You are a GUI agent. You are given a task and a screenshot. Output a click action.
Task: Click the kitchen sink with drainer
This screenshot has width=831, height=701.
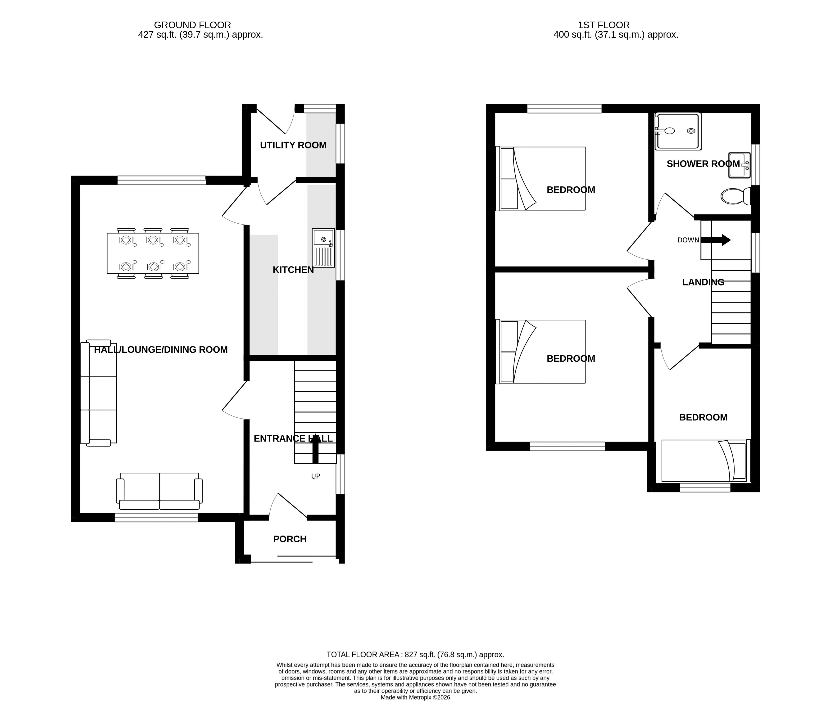coord(323,248)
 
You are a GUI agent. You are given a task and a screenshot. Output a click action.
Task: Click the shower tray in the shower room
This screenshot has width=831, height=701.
coord(678,131)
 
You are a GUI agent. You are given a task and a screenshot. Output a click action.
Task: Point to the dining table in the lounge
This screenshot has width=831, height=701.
coord(153,253)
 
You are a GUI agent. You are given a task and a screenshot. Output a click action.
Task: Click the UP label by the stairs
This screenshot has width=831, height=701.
coord(316,476)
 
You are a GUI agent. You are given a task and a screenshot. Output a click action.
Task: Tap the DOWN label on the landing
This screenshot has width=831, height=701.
coord(688,240)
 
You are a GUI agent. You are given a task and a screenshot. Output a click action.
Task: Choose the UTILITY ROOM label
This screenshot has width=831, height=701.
coord(293,145)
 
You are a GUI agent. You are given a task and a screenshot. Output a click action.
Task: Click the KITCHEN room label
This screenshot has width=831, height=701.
coord(293,270)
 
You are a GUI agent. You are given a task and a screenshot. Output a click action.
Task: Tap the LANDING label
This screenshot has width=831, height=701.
coord(703,282)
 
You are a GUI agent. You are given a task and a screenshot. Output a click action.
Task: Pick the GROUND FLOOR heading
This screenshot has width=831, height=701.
coord(193,25)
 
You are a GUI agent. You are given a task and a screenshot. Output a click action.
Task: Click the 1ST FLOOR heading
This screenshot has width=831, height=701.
coord(604,25)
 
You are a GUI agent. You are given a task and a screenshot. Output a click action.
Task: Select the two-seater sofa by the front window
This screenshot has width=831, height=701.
coord(159,491)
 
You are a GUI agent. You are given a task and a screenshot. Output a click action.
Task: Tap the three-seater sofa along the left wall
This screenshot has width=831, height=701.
coord(99,393)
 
